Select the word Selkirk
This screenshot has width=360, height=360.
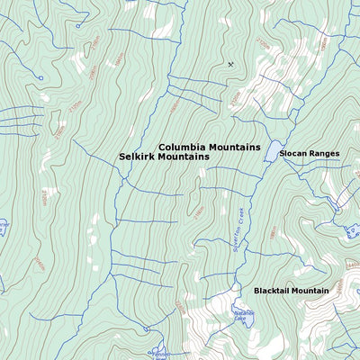[x=138, y=157]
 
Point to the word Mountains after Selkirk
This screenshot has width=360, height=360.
[x=184, y=157]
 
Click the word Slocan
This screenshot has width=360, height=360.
[x=294, y=154]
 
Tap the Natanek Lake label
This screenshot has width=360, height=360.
[x=244, y=316]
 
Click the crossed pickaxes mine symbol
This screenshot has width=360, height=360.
[x=230, y=64]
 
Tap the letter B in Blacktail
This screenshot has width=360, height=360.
[x=256, y=291]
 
